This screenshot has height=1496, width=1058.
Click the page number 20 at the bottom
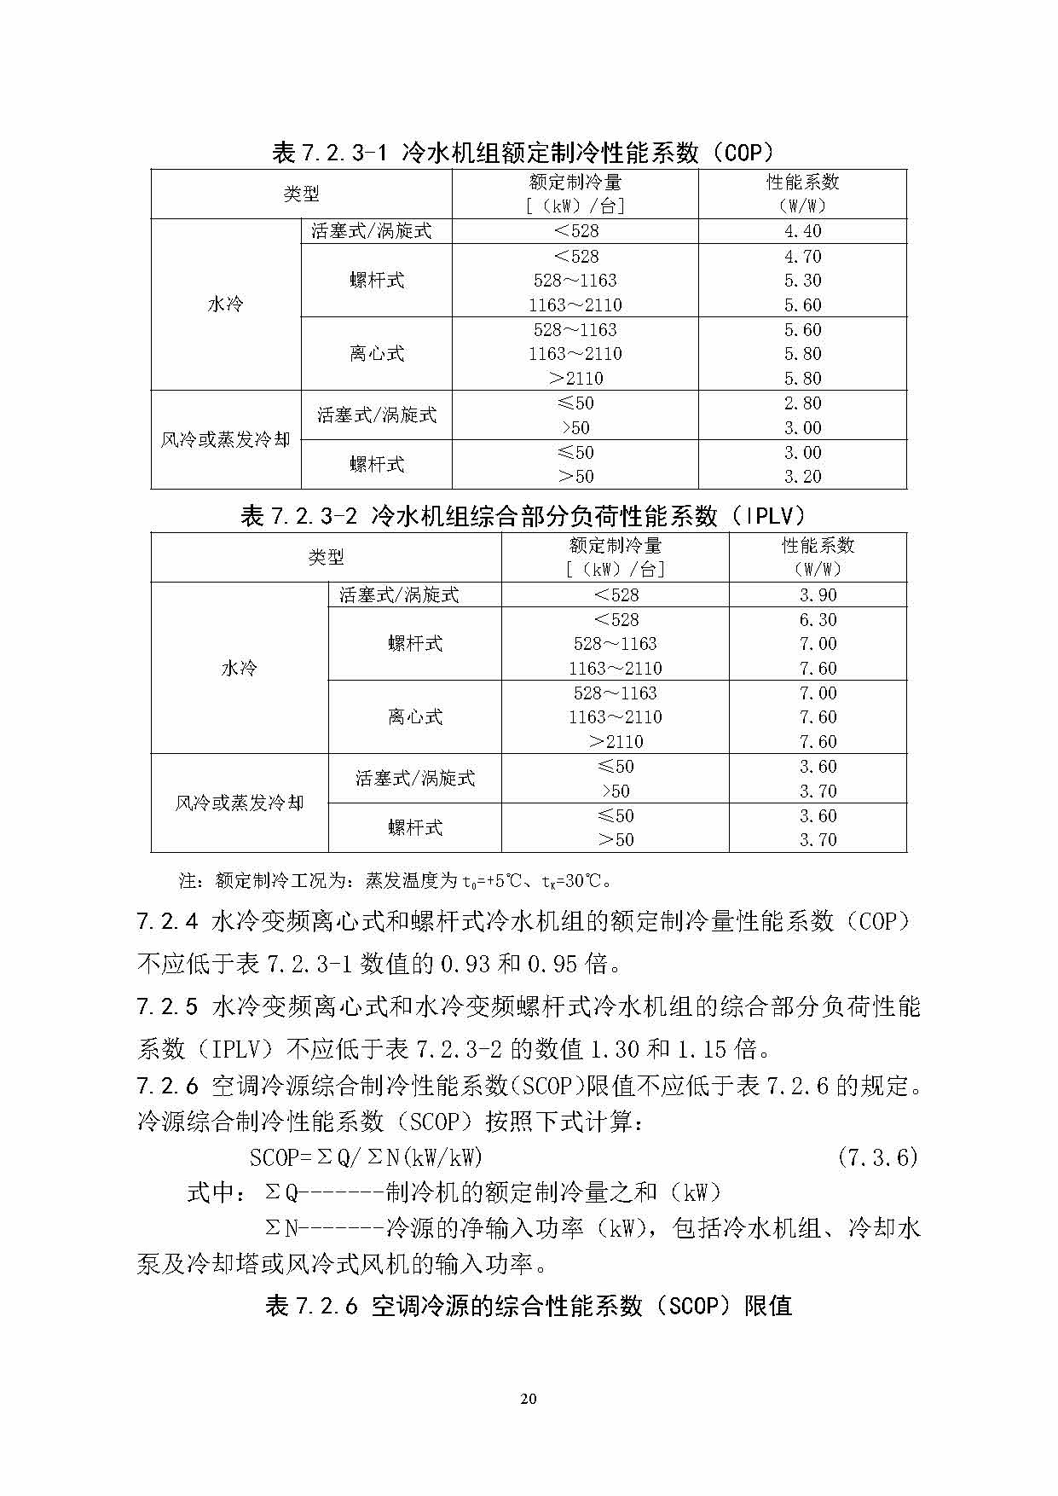click(529, 1398)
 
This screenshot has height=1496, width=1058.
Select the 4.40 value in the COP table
click(802, 231)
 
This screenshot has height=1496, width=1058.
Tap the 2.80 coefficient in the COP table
click(802, 403)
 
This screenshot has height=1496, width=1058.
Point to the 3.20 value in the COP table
click(802, 477)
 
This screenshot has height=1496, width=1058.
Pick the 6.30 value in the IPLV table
click(818, 620)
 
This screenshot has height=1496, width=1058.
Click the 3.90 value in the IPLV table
click(818, 595)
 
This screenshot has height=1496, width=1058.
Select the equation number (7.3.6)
click(877, 1157)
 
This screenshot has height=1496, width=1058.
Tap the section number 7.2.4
click(167, 922)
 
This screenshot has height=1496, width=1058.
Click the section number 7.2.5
click(167, 1007)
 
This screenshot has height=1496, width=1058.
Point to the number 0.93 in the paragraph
click(465, 965)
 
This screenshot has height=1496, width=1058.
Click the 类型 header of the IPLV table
click(326, 558)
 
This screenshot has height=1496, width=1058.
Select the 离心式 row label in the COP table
click(376, 354)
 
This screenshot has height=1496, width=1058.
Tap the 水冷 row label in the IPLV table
click(239, 669)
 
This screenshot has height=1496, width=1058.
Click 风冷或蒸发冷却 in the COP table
click(225, 440)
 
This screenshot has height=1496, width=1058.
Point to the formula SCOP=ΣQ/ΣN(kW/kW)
click(366, 1157)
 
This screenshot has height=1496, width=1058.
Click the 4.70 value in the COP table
click(802, 257)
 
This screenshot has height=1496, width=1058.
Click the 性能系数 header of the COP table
click(802, 183)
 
